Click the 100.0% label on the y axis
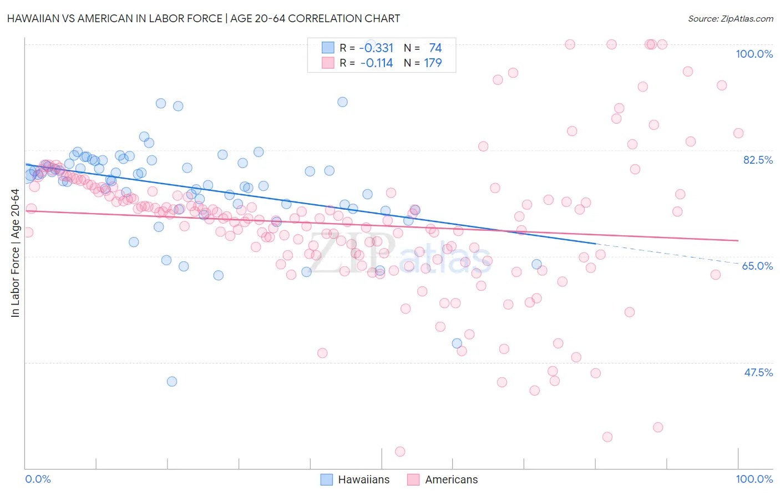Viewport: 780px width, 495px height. [x=754, y=54]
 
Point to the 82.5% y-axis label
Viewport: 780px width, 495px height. [x=757, y=160]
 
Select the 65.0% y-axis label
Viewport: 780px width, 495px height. [x=757, y=266]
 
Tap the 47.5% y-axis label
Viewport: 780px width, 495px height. [x=758, y=372]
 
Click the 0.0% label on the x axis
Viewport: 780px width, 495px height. [x=38, y=479]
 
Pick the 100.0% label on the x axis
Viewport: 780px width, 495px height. [x=754, y=479]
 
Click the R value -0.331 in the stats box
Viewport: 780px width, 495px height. [x=376, y=48]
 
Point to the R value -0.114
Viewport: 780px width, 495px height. [x=376, y=63]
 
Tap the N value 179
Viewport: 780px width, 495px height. [x=433, y=63]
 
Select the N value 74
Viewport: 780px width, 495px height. [x=435, y=48]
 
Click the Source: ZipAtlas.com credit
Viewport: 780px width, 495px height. [x=730, y=18]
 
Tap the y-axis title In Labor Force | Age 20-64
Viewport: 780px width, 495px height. [x=15, y=254]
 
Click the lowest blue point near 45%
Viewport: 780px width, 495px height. [x=172, y=381]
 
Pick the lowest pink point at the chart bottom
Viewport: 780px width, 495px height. [x=400, y=452]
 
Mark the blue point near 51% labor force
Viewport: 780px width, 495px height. [x=457, y=344]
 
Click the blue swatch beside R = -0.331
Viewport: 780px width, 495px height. [x=327, y=48]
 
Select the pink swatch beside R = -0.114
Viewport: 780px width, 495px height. [x=327, y=63]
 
